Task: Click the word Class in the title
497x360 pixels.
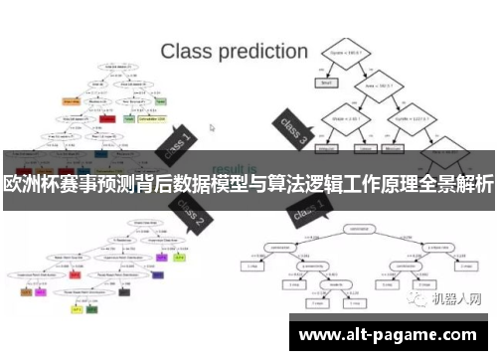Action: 184,49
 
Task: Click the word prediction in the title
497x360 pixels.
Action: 259,50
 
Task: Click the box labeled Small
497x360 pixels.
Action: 323,84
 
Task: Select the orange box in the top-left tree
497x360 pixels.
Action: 71,100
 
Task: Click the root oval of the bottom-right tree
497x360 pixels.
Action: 349,228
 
